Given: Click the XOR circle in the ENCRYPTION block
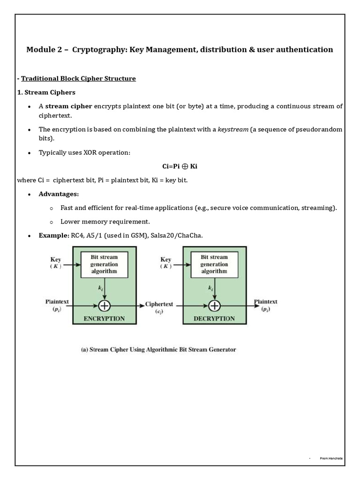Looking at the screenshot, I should [105, 305].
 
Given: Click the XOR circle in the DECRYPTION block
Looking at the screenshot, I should [214, 305].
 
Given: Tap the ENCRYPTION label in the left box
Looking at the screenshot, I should [104, 318].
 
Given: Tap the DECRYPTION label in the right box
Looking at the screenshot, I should [214, 318].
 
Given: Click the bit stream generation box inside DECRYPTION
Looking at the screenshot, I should [214, 264].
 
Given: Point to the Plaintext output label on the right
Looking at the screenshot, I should [266, 305].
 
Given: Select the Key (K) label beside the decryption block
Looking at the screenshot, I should [166, 262].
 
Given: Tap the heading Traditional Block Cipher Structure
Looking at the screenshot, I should [78, 79].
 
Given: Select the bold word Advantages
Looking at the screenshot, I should [59, 194].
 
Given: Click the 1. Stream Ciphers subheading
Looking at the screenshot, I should [46, 92].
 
